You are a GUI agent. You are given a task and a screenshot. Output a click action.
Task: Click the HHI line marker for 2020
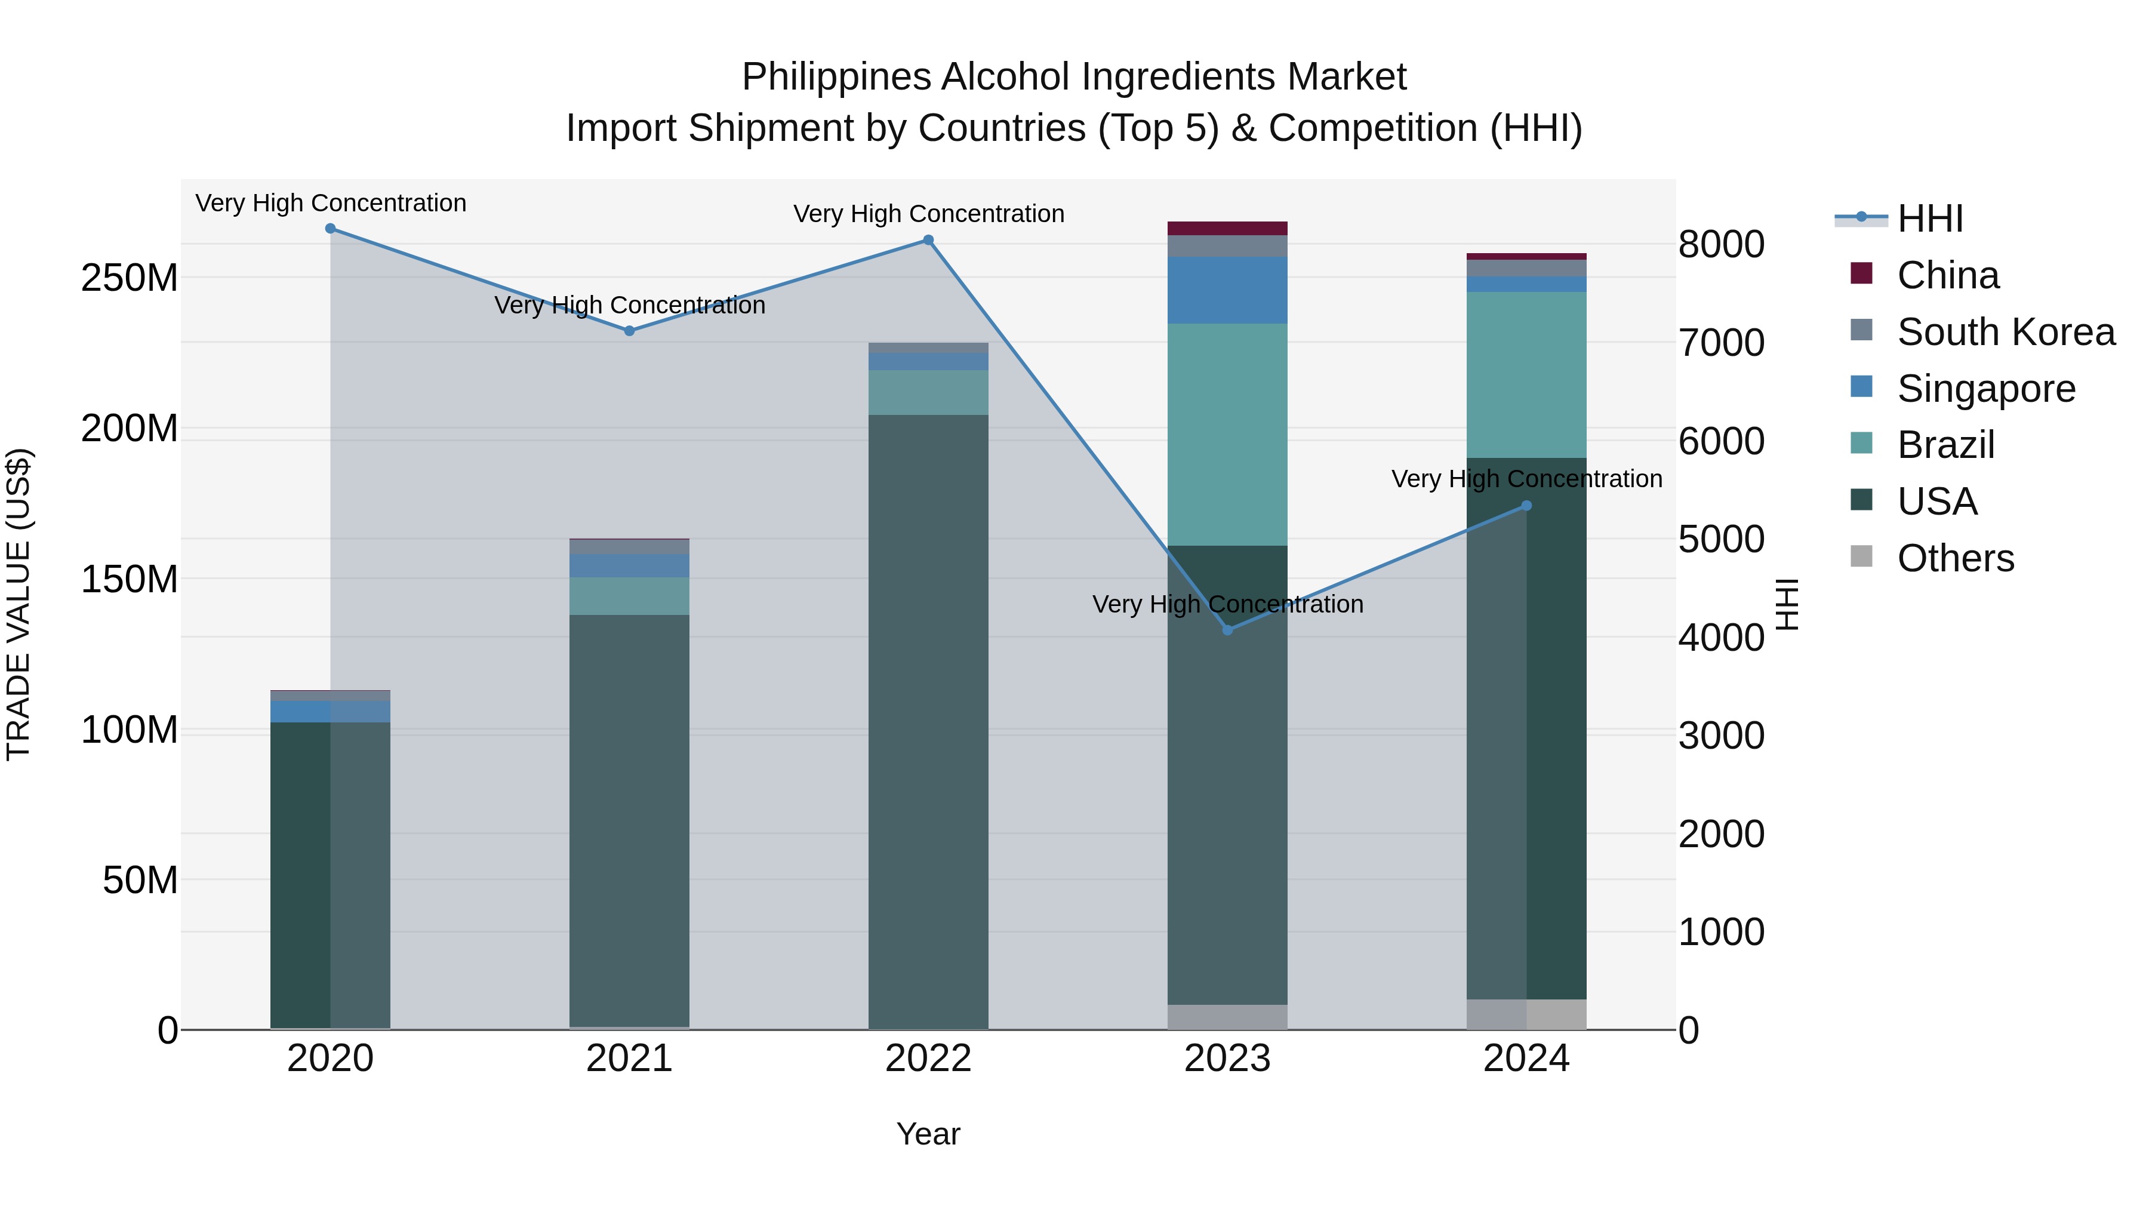pos(330,229)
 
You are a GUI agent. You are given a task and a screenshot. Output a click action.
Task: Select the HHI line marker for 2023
pos(1227,630)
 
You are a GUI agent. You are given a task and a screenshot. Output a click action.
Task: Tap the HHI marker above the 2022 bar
pos(928,240)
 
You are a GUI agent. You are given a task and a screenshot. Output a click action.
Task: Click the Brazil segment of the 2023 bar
pos(1227,434)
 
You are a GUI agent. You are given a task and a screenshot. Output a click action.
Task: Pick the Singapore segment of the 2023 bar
pos(1227,290)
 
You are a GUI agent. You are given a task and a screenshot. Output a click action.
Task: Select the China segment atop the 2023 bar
pos(1227,228)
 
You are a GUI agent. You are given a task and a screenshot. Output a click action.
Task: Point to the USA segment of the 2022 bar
pos(928,718)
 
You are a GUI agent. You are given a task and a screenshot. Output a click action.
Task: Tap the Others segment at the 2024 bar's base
pos(1526,1014)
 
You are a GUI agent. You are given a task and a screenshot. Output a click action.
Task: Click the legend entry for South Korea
pos(2006,332)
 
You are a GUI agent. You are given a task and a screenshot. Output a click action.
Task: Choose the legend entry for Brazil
pos(1945,445)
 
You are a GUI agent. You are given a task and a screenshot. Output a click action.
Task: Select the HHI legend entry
pos(1929,219)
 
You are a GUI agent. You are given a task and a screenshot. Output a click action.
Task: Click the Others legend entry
pos(1956,558)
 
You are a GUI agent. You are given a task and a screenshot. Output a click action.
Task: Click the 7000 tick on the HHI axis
pos(1720,343)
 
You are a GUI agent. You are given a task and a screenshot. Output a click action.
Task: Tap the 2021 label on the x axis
pos(629,1059)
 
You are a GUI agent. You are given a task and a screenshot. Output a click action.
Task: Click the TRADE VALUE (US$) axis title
pos(19,604)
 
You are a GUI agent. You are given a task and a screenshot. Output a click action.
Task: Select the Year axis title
pos(928,1134)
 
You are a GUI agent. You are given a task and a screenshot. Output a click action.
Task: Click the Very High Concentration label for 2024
pos(1526,479)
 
